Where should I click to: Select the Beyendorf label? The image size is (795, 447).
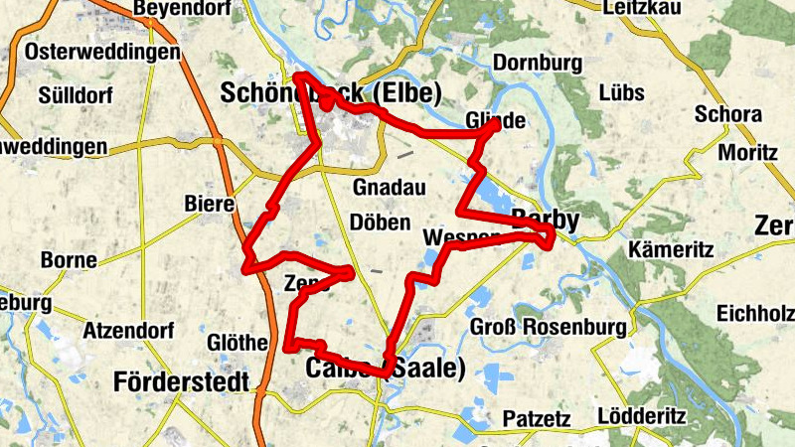pos(180,8)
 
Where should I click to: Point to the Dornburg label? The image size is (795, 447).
pos(537,61)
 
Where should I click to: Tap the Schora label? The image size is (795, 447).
pos(728,114)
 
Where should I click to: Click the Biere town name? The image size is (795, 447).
pos(209,205)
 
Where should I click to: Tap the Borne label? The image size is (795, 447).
pos(69,261)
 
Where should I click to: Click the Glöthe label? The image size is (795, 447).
pos(237,343)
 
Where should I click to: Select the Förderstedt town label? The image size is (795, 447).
pos(185,381)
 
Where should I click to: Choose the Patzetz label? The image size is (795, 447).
pos(537,417)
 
